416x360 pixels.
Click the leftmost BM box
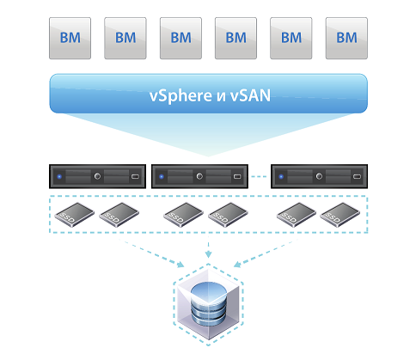coord(70,38)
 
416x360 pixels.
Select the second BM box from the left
coord(125,38)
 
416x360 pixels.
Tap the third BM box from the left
coord(180,38)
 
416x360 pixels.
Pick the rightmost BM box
coord(346,38)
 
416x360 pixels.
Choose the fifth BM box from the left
coord(291,38)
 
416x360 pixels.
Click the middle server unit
coord(203,177)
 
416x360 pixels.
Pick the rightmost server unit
coord(316,177)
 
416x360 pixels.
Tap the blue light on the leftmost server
coord(59,178)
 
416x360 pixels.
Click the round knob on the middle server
coord(199,177)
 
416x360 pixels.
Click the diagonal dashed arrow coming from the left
coord(150,253)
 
